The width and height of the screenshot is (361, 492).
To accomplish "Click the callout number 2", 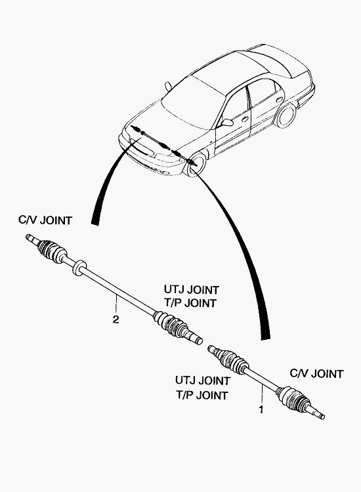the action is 116,319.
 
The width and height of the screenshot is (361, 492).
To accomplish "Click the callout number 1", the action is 261,410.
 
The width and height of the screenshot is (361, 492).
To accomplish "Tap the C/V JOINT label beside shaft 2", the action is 45,220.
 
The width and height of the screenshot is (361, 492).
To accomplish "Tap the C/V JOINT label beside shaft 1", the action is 316,374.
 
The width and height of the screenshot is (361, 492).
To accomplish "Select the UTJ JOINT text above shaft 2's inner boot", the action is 191,289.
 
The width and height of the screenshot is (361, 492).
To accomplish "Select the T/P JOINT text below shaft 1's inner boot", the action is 202,395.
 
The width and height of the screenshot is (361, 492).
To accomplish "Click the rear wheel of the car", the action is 286,115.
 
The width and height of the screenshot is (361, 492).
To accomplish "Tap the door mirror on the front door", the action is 226,122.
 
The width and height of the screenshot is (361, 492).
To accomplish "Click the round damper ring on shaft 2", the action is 79,268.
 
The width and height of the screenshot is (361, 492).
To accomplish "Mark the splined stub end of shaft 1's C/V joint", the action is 317,412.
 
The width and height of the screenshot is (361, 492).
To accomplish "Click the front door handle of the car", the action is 245,119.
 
